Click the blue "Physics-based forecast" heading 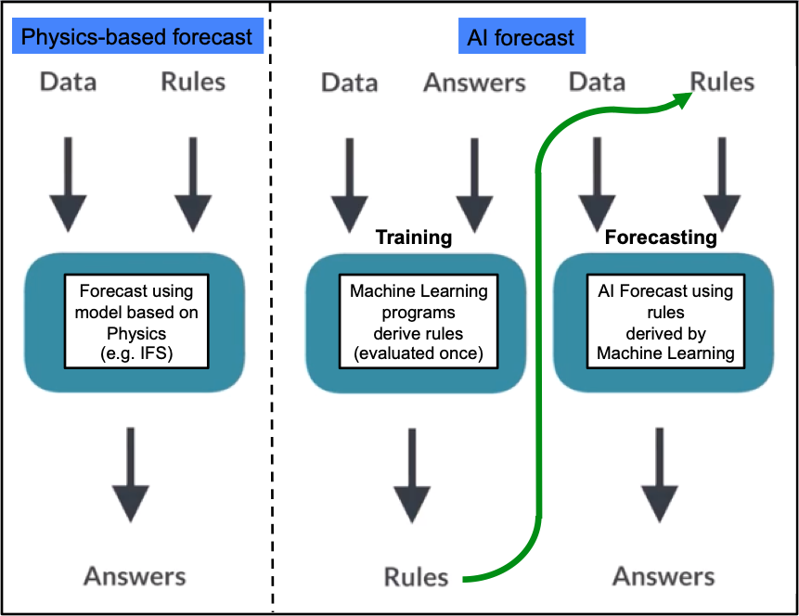137,36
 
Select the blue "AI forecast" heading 522,36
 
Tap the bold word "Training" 414,237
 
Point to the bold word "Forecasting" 661,237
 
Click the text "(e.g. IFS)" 136,353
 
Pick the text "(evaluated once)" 419,353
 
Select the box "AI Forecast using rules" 665,322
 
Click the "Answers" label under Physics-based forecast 135,576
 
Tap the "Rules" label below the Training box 417,577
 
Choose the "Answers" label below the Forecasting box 664,576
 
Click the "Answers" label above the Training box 474,83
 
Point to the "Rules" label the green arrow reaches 722,82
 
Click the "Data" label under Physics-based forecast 69,82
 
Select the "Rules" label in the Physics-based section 193,82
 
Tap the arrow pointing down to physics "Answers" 131,475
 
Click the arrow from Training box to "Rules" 412,476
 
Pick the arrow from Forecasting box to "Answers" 660,475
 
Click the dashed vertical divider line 271,308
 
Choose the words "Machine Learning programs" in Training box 419,302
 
